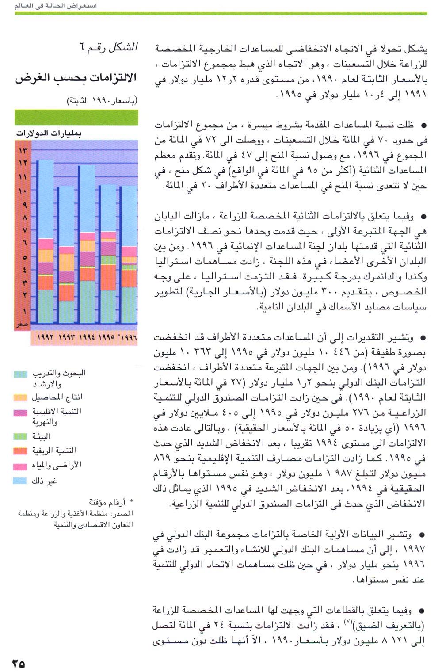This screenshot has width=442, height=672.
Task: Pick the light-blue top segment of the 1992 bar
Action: [x=46, y=199]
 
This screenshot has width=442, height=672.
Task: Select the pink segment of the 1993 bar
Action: [x=67, y=250]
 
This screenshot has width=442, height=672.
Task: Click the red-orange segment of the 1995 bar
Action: [x=108, y=278]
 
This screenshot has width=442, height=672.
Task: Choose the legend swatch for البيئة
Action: [x=20, y=436]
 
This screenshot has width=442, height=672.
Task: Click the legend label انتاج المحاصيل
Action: [x=57, y=397]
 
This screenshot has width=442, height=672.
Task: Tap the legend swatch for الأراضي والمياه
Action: [x=20, y=466]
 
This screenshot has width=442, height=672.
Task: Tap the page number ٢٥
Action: [x=19, y=663]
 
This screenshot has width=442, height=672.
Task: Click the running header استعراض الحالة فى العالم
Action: [x=56, y=6]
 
